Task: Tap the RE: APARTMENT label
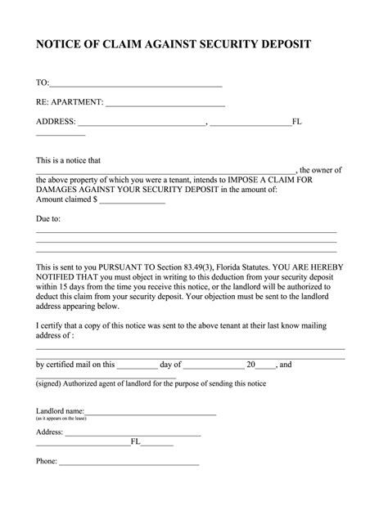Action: (69, 103)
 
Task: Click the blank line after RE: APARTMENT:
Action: (165, 104)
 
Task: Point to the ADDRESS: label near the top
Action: (55, 123)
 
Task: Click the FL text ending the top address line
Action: (297, 123)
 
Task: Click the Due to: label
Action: (48, 219)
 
